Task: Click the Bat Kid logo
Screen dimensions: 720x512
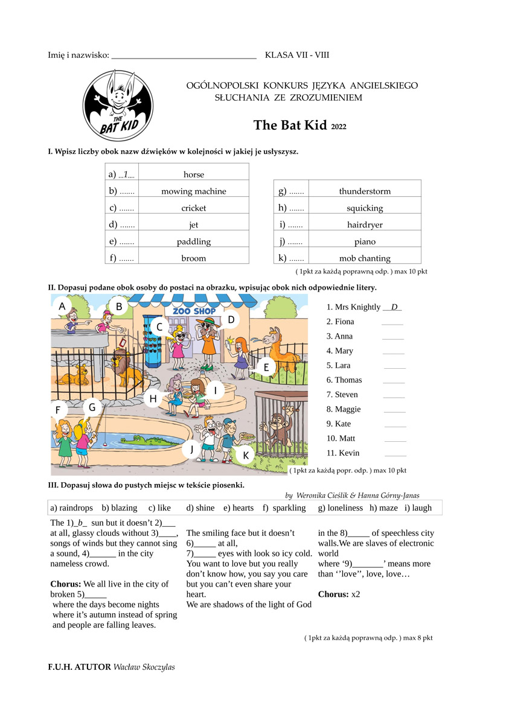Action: click(x=118, y=106)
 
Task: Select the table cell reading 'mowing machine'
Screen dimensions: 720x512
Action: click(x=193, y=191)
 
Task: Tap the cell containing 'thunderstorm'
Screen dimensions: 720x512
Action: click(x=365, y=191)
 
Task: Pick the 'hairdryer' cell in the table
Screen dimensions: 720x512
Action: click(x=365, y=225)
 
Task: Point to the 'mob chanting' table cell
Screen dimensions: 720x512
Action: click(x=365, y=258)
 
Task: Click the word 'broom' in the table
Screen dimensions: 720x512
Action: click(x=193, y=258)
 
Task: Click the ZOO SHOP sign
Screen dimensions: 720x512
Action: click(x=194, y=311)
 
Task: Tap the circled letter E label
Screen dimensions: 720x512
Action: click(x=266, y=366)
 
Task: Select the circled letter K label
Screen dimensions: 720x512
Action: click(x=246, y=454)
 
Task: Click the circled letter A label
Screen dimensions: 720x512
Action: click(x=62, y=307)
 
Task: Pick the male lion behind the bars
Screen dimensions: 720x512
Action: click(x=126, y=370)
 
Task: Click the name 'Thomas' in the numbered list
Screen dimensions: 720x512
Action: click(x=348, y=380)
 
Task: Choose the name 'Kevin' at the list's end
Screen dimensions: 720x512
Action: click(x=349, y=453)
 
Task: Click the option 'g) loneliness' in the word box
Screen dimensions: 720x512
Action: click(x=341, y=508)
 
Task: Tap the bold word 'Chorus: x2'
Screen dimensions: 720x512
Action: click(x=339, y=594)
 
